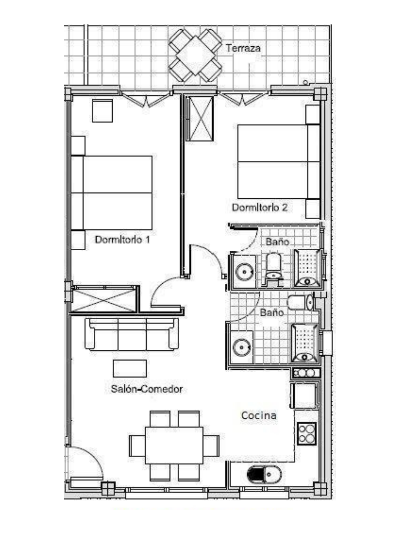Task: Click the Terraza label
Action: (243, 48)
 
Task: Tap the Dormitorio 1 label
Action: (122, 240)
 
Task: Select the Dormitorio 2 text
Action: (260, 208)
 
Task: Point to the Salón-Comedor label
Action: (147, 389)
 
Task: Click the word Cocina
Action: (259, 415)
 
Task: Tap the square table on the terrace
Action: (196, 56)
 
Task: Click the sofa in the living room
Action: (131, 334)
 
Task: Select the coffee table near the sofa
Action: (130, 369)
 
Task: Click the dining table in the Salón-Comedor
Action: (174, 445)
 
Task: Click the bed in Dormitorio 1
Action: (112, 193)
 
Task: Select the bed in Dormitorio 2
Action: (279, 162)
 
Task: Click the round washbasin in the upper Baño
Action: (244, 271)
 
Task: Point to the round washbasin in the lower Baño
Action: (241, 347)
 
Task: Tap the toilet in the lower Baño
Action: (300, 302)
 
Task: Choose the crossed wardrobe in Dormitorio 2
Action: (199, 119)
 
